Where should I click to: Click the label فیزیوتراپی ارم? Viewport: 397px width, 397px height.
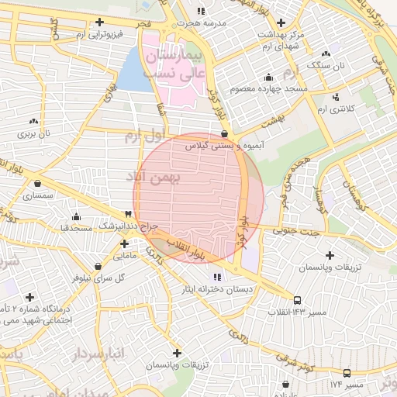click(98, 35)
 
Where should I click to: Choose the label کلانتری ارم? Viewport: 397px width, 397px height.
click(336, 109)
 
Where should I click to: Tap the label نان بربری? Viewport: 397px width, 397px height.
click(33, 133)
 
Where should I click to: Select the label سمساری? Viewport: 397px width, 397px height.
click(37, 196)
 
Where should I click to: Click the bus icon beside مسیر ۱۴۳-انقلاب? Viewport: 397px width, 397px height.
click(298, 299)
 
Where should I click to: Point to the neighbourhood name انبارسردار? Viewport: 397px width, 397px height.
click(98, 354)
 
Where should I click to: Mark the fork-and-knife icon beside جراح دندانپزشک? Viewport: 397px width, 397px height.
click(127, 214)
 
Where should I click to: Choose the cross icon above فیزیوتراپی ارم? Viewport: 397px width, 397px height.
click(98, 22)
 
